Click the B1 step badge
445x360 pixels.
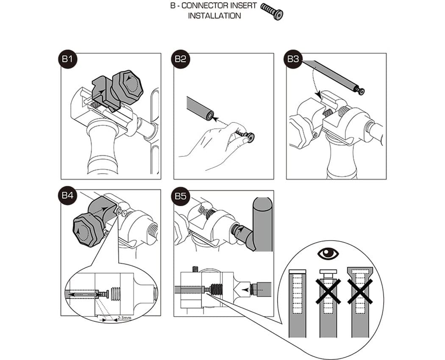click(67, 59)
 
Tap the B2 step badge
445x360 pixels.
click(180, 59)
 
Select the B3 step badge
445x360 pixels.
click(293, 59)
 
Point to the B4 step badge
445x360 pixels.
click(67, 196)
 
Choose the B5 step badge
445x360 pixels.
click(180, 196)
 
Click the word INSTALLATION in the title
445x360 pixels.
click(214, 16)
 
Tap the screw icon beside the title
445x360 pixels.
click(272, 11)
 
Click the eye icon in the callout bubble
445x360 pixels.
click(328, 253)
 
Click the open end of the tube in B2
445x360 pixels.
click(210, 116)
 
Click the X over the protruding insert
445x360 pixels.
click(328, 291)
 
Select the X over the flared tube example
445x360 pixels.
click(359, 291)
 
